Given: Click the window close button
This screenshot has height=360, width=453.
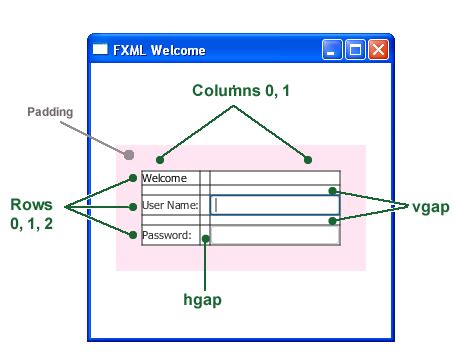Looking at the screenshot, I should (378, 50).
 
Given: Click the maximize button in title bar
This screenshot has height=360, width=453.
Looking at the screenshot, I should (355, 50).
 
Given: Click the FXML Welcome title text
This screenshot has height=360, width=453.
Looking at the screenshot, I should (159, 50).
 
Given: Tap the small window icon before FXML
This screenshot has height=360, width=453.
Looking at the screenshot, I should (100, 50).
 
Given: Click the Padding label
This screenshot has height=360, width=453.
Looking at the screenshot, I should (50, 112).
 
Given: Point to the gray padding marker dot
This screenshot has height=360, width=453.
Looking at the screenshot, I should (129, 154).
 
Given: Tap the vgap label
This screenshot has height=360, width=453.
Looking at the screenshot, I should (430, 206).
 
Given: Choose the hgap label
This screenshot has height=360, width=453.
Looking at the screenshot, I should (202, 299).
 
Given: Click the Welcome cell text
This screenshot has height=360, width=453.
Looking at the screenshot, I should (165, 179).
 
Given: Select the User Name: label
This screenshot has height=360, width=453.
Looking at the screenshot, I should (170, 206).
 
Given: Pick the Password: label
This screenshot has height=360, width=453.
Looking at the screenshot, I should (166, 236).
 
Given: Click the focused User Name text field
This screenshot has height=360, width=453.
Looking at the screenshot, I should (275, 205).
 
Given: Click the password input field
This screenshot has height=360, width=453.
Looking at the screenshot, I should (275, 236).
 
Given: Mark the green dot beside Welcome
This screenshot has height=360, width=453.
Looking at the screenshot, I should (133, 179).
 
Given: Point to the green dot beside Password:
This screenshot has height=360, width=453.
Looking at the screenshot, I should (133, 235).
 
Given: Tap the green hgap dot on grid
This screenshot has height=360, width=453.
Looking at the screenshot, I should (205, 238).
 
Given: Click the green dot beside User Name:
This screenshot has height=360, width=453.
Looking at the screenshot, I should (133, 206).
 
